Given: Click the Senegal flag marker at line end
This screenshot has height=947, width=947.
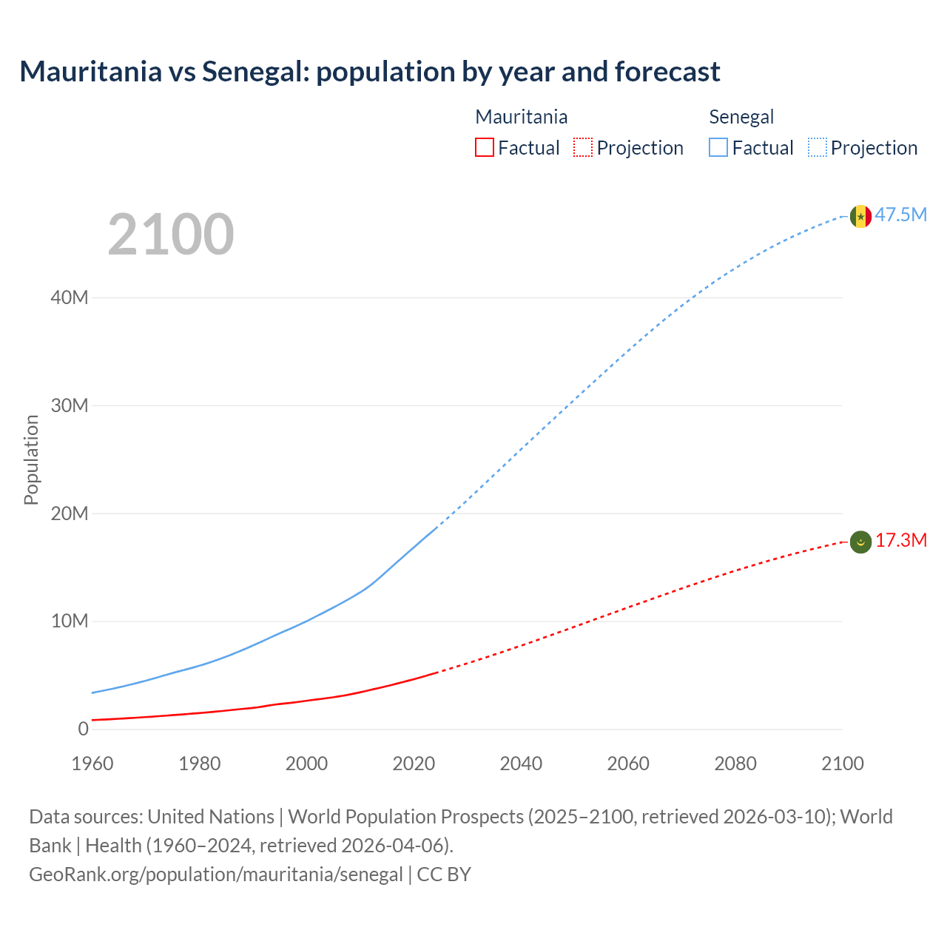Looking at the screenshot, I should pos(860,216).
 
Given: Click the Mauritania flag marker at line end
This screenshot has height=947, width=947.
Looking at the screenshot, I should pos(860,542).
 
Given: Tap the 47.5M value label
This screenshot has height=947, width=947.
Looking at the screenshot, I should pos(900,215).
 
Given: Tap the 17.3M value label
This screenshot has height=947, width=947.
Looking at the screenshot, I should pos(900,541).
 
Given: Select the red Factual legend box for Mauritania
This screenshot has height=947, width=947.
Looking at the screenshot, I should pos(485,147).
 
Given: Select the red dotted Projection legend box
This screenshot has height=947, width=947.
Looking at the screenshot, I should pos(583,147).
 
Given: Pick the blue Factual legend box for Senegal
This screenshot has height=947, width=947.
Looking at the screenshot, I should pos(718,147).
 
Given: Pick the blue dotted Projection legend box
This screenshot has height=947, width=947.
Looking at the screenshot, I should pos(817,147).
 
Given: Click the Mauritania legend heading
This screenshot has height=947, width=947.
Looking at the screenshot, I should pos(521,117).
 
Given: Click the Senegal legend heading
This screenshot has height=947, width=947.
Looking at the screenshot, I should pos(741,117).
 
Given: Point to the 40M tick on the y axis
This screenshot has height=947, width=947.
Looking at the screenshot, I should pos(70,297).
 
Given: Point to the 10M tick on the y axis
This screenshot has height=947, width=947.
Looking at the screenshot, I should pos(70,621).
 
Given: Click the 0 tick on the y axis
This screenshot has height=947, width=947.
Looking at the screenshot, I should pos(83,729).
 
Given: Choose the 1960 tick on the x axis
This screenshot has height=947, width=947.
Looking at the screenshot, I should pos(92,764).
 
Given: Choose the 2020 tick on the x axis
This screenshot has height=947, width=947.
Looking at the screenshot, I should pos(414,764).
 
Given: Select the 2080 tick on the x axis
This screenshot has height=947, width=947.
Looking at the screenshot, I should pos(735,764).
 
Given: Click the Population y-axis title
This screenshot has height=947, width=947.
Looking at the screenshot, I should pos(31,459).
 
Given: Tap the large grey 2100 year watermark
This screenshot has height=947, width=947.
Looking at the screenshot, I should pos(171,235).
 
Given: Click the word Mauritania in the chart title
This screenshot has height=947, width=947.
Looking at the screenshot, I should pos(91,72).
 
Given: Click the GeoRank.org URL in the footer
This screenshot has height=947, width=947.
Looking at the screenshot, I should pos(216,874).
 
